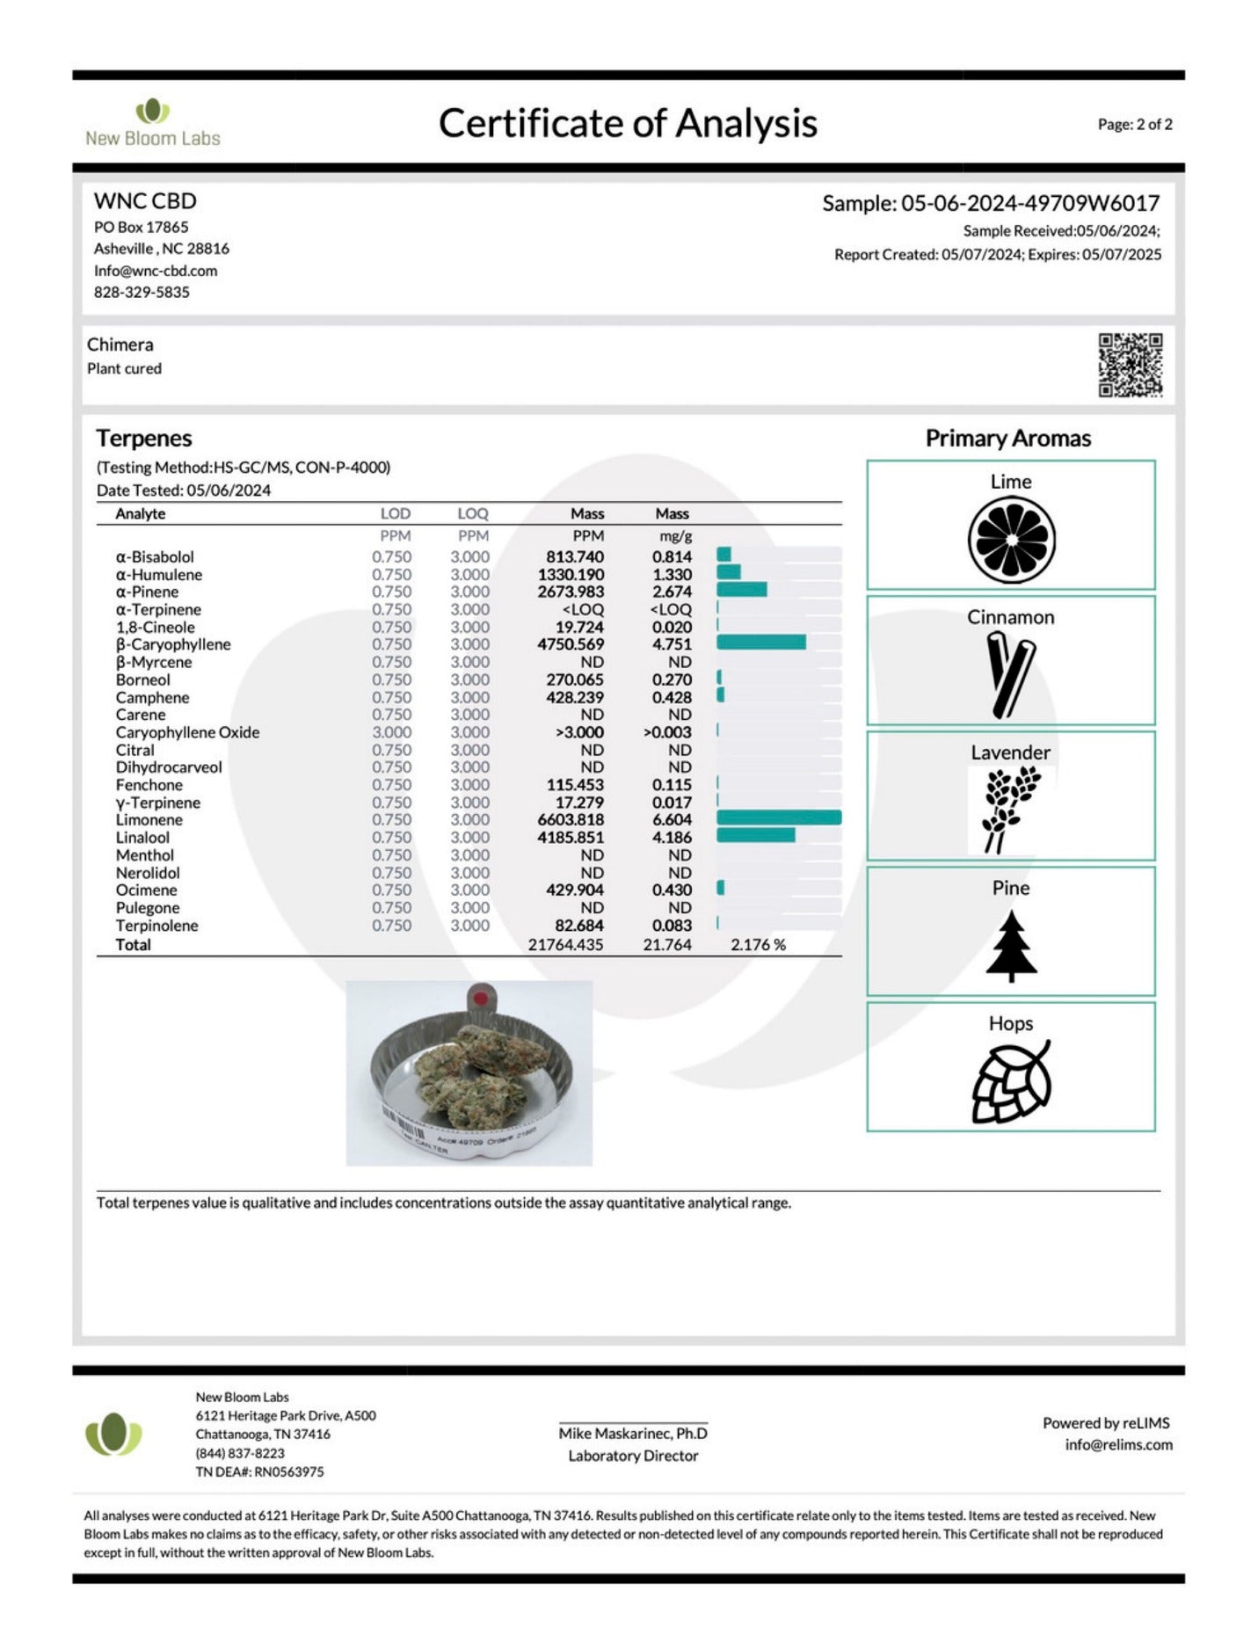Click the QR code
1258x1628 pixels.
pos(1130,364)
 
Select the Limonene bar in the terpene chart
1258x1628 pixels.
pos(778,818)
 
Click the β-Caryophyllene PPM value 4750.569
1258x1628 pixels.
pos(571,644)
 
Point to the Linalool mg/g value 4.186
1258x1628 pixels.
pos(672,837)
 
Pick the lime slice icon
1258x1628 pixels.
pos(1011,539)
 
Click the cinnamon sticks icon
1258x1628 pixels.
pos(1011,675)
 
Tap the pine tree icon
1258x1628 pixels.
pos(1011,946)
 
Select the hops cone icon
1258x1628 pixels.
pos(1011,1081)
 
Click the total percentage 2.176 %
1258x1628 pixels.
pos(758,945)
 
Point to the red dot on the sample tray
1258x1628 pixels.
pos(479,999)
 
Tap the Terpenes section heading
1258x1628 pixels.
pos(144,438)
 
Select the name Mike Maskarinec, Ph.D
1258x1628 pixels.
pos(633,1433)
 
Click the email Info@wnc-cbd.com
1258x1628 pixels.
pos(156,271)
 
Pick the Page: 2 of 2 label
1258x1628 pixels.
pos(1134,125)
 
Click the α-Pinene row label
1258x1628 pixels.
pos(147,592)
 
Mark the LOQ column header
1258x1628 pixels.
pos(472,513)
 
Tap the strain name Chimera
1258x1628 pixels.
pos(120,345)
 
